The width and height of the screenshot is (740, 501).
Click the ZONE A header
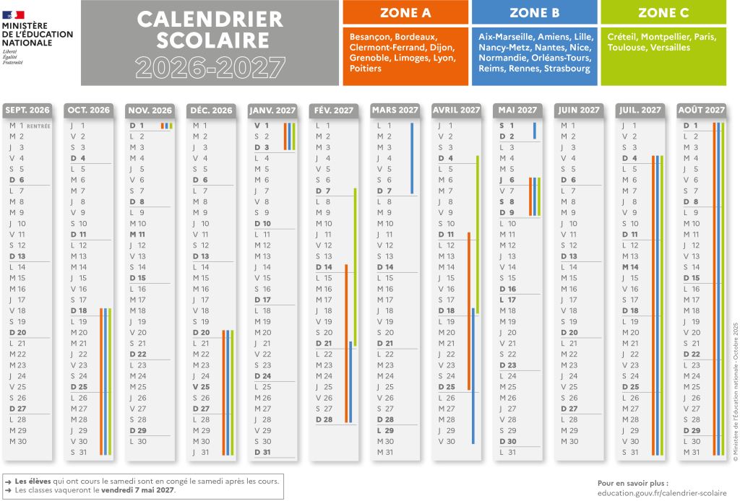(x=405, y=13)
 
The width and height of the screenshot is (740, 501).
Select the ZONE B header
(x=534, y=13)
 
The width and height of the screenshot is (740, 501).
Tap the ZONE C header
(x=663, y=13)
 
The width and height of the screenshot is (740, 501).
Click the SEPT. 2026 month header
(x=27, y=110)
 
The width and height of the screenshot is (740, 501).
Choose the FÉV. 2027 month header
(x=334, y=110)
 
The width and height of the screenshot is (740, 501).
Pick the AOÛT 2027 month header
(x=702, y=110)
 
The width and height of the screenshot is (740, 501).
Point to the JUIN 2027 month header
(x=579, y=110)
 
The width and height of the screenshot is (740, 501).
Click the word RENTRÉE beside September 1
(x=38, y=126)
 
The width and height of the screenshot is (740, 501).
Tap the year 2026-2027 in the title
(x=210, y=67)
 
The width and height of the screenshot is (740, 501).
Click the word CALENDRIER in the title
(x=210, y=19)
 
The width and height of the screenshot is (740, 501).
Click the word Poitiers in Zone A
(x=366, y=69)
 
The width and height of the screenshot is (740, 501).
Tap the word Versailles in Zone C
(x=669, y=48)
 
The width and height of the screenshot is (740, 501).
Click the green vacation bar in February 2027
(x=355, y=267)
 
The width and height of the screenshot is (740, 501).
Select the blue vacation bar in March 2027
(x=412, y=158)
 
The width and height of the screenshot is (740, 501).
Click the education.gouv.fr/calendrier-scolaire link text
(x=651, y=492)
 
